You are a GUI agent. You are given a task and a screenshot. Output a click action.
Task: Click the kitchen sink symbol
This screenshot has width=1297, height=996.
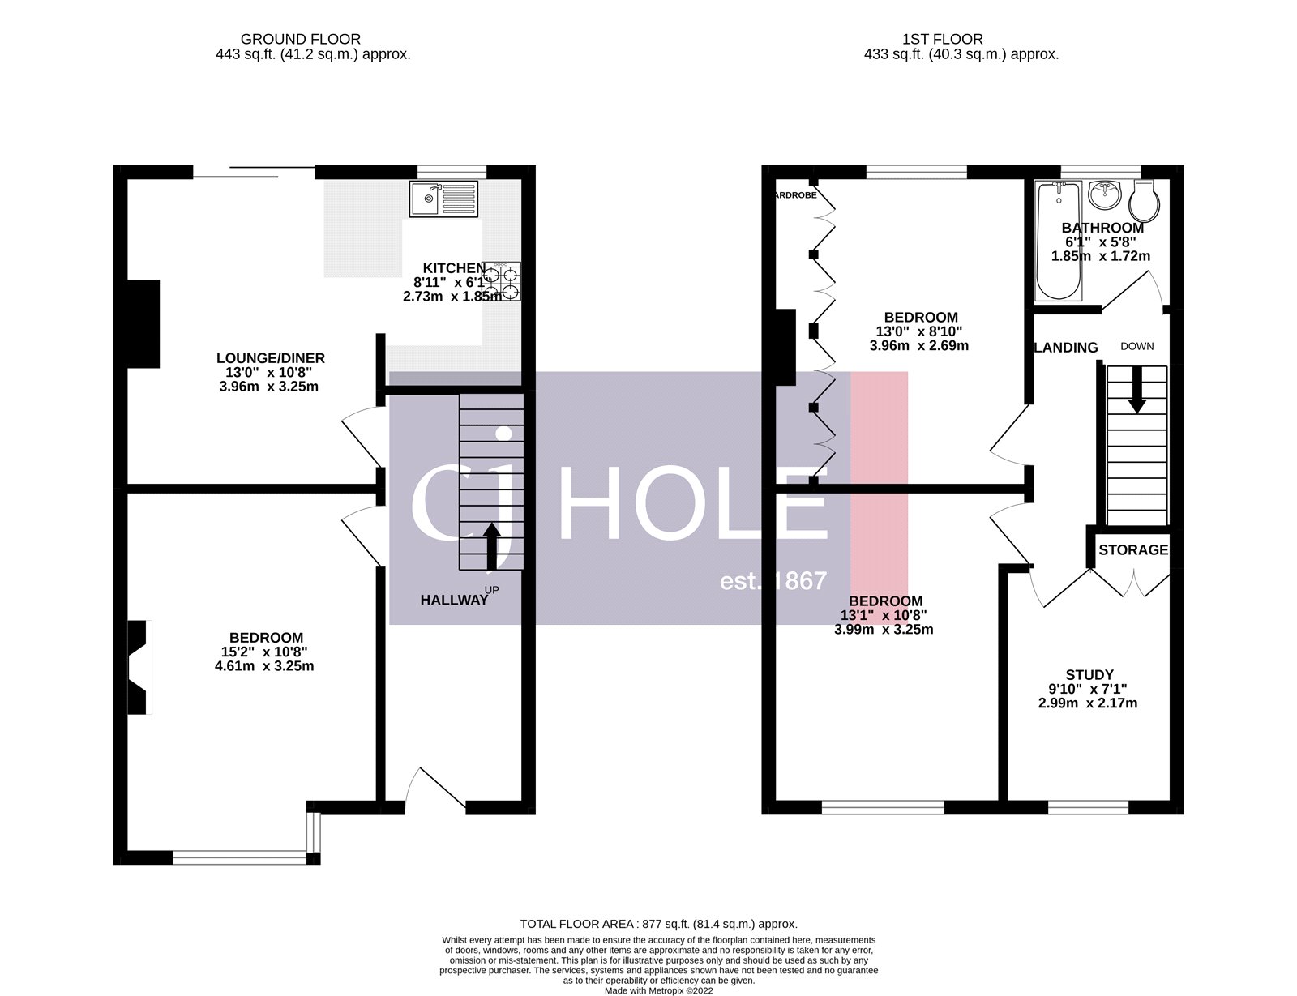[x=444, y=199]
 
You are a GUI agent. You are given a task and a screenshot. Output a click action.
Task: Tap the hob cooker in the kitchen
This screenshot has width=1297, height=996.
[x=501, y=281]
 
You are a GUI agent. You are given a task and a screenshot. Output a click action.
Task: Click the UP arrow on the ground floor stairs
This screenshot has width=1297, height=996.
[x=491, y=545]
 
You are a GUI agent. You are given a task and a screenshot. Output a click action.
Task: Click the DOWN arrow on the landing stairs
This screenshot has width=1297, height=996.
[x=1136, y=389]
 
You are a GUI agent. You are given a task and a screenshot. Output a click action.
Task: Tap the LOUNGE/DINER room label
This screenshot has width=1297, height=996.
[x=270, y=358]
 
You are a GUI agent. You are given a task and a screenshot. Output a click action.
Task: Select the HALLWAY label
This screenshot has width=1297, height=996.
[x=454, y=601]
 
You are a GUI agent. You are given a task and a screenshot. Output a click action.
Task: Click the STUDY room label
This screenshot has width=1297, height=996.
[x=1089, y=674]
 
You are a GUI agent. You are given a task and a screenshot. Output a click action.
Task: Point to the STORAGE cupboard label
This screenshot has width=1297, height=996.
[x=1132, y=550]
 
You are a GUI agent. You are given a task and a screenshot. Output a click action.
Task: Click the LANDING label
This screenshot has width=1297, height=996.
[x=1066, y=348]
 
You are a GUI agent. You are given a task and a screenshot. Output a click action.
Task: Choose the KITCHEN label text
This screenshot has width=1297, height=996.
[x=453, y=268]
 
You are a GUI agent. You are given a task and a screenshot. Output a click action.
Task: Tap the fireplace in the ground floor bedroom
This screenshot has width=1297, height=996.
[x=139, y=667]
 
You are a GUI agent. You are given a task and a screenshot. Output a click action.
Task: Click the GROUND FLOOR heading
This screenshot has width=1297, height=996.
[x=301, y=39]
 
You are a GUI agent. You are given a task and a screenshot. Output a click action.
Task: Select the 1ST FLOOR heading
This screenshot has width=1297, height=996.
[x=942, y=39]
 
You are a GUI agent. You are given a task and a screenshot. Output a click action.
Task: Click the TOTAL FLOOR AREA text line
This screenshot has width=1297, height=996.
[x=658, y=924]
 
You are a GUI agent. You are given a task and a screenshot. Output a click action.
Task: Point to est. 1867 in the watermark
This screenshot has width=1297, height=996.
[x=773, y=581]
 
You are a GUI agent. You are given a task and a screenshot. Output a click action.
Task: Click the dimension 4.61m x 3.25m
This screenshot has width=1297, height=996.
[x=263, y=666]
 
